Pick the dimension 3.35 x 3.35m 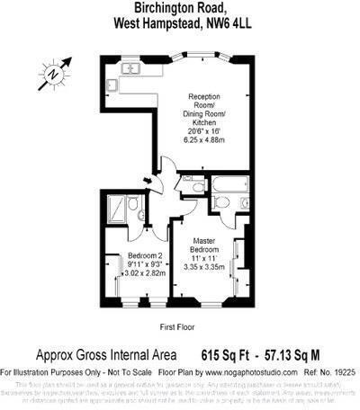click(x=210, y=267)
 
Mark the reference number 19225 click(x=343, y=370)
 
